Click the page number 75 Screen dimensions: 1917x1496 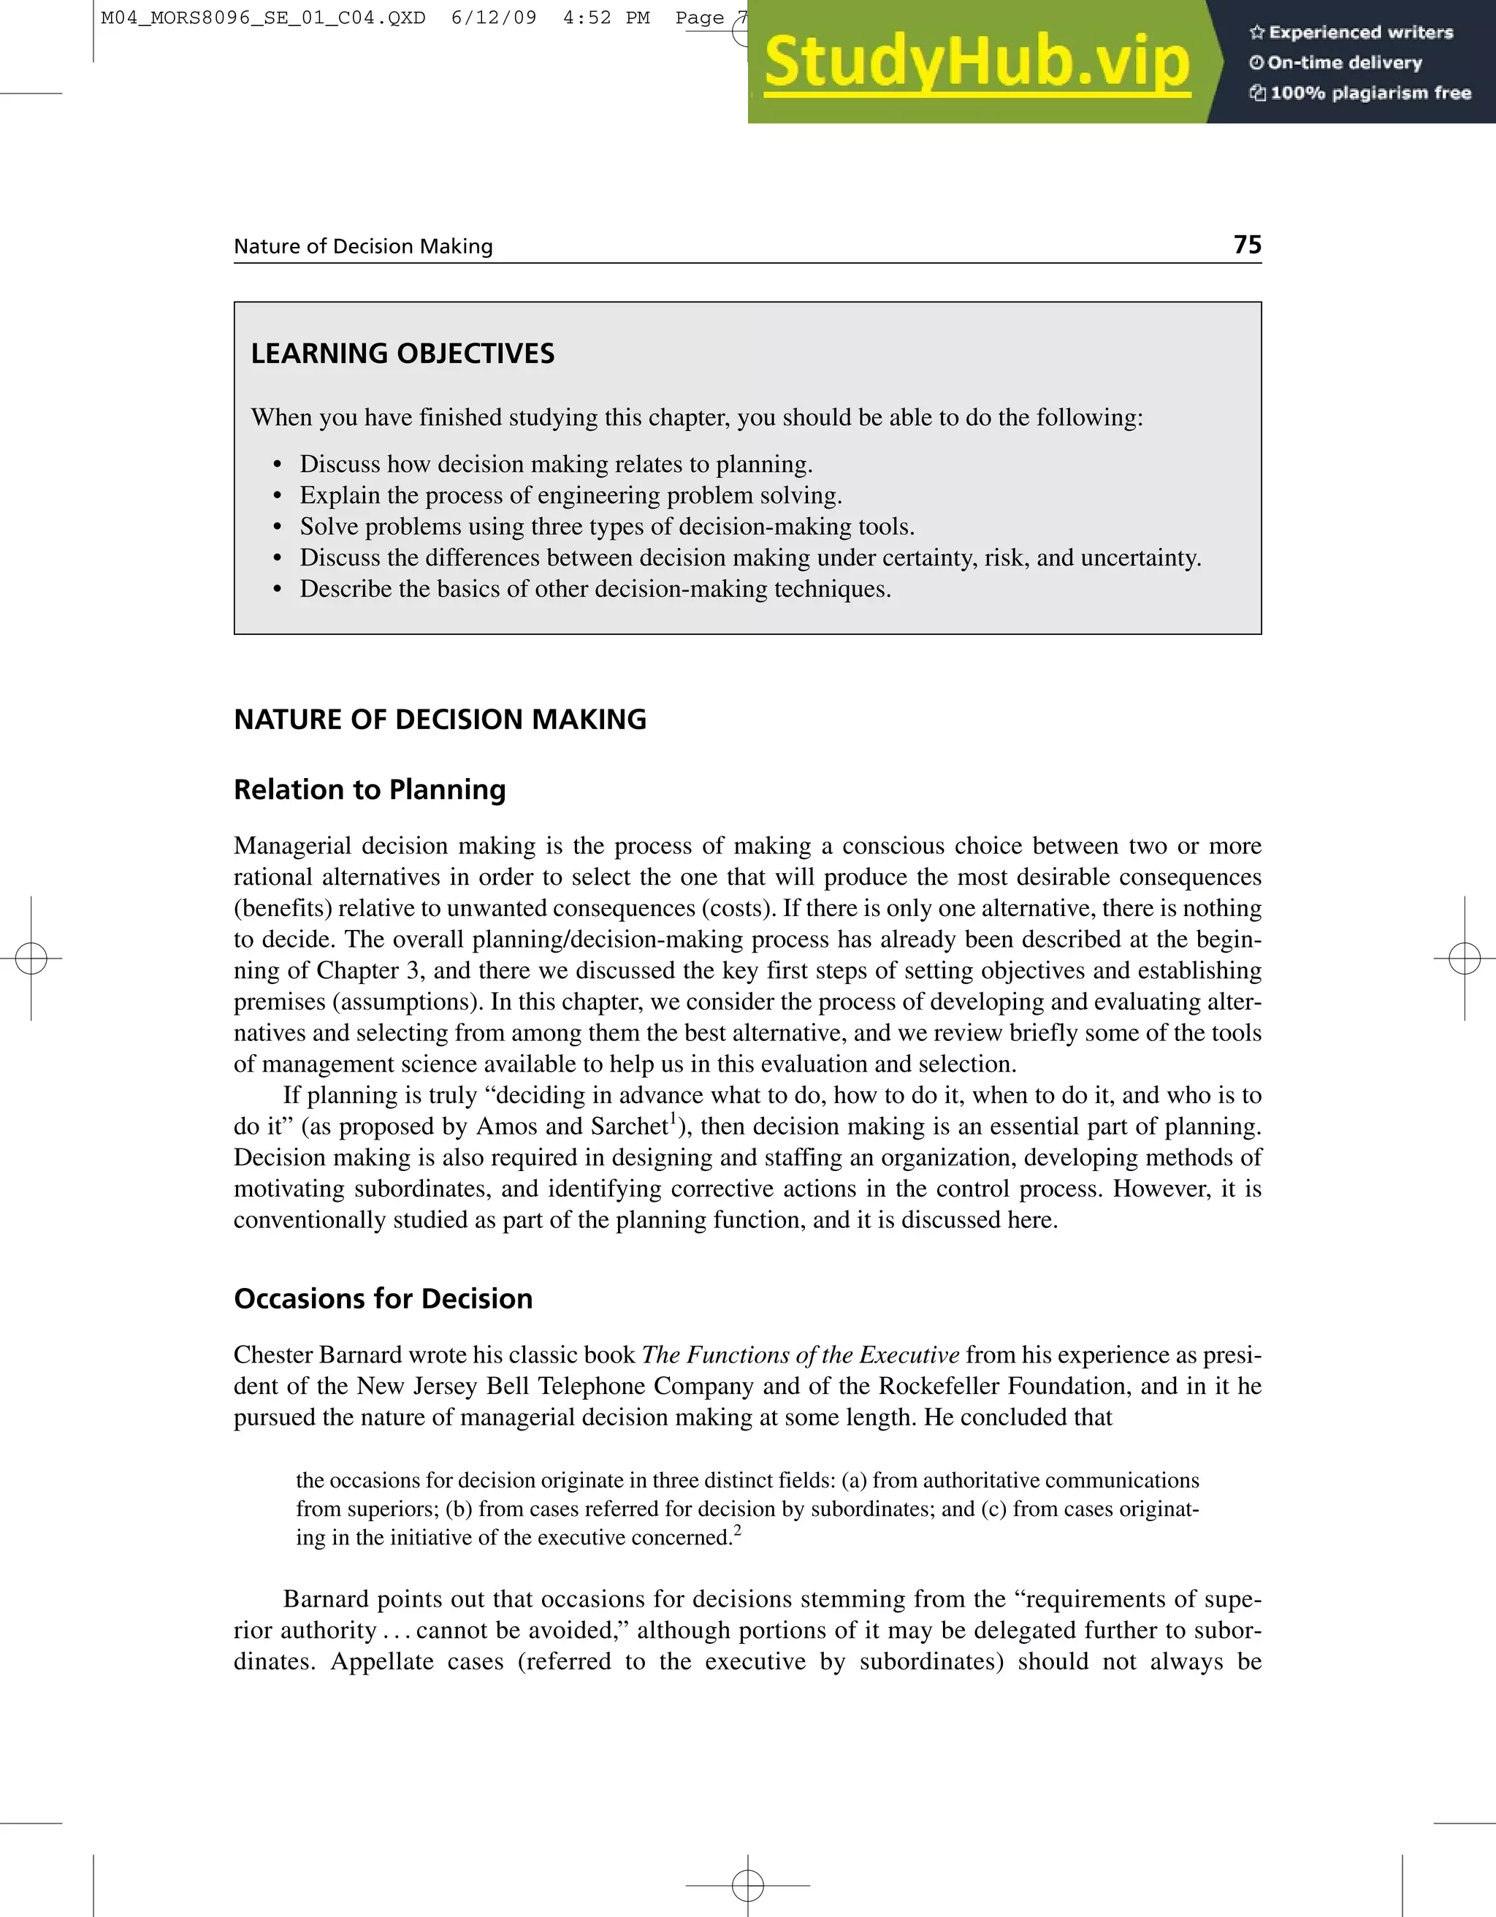(x=1247, y=245)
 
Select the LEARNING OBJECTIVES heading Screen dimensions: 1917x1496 (x=402, y=354)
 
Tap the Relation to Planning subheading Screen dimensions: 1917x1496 (x=370, y=789)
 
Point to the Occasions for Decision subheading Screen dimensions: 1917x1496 (x=383, y=1298)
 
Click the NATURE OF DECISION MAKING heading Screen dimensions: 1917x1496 (x=440, y=719)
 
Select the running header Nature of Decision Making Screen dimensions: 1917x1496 (x=363, y=247)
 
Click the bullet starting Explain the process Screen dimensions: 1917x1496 (x=570, y=495)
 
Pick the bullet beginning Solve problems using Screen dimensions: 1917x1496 (x=607, y=527)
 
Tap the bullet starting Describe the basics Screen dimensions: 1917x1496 (x=595, y=589)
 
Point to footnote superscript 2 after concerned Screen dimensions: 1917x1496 (x=737, y=1530)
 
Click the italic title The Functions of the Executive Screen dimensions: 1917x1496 (x=800, y=1354)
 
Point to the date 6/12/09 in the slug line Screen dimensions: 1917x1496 (x=493, y=18)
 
